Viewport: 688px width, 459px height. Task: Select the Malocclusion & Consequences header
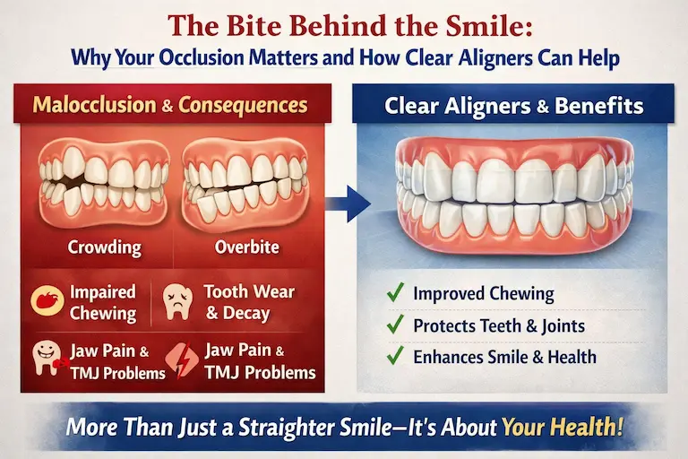(x=170, y=105)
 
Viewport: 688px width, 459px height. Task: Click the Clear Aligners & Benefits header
(x=513, y=106)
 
